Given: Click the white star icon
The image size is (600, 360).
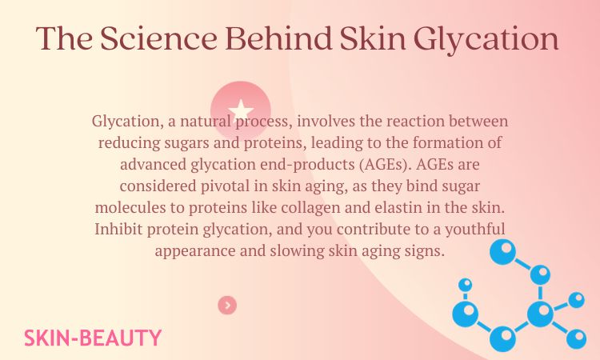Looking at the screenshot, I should pyautogui.click(x=241, y=110).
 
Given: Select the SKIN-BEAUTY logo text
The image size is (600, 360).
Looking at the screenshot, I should pyautogui.click(x=93, y=338).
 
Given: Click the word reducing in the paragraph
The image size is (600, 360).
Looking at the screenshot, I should pyautogui.click(x=128, y=143).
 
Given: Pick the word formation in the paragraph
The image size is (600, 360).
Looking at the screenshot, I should pyautogui.click(x=450, y=143).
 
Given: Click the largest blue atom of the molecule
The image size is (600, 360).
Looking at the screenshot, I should pyautogui.click(x=542, y=312).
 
